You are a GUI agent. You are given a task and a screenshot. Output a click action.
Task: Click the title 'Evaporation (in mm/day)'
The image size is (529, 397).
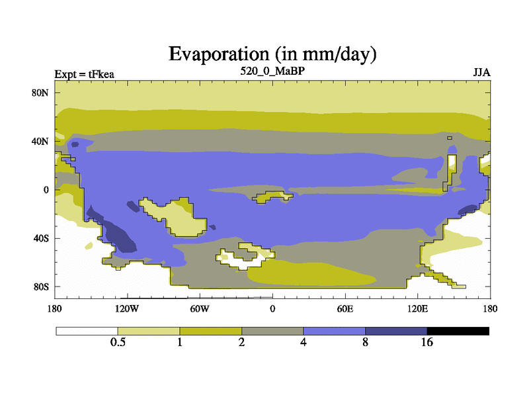point(272,54)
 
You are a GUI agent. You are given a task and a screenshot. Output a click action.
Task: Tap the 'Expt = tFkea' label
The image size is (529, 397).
point(85,74)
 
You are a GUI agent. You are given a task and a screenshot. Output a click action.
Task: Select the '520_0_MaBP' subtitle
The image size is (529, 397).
point(272,71)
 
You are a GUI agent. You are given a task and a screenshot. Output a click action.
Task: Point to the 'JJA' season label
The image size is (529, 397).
point(482,73)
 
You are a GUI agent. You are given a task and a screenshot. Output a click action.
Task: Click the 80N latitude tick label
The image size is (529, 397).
point(40,93)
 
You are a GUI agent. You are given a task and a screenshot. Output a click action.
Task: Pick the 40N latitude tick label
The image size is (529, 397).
point(40,141)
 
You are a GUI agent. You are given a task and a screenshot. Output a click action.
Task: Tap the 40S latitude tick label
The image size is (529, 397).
point(41,238)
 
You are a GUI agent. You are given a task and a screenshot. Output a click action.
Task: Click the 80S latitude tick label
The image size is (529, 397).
point(41,287)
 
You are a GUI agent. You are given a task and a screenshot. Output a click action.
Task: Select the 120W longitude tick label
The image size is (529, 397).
point(127,308)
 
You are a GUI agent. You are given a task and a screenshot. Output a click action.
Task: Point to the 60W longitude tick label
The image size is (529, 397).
point(200,308)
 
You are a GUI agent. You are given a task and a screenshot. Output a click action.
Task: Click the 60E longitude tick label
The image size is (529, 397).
point(345,308)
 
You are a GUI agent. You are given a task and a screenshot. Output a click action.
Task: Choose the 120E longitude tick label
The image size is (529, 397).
point(418,308)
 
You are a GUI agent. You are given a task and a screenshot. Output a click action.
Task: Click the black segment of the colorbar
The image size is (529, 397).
point(458,331)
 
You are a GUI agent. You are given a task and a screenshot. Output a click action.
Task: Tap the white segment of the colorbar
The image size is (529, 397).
point(87,331)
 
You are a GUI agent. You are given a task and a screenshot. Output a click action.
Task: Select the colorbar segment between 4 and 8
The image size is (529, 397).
point(335,331)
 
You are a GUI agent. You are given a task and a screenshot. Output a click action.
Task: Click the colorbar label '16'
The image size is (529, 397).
point(427,342)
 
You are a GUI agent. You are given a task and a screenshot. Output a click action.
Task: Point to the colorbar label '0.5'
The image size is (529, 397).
point(118,342)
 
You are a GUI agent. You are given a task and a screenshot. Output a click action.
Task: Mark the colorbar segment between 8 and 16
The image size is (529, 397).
point(396,331)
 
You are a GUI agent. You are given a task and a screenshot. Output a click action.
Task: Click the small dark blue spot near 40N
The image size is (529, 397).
point(75,144)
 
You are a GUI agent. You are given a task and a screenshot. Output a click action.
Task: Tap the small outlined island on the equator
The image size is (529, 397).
point(272,197)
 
